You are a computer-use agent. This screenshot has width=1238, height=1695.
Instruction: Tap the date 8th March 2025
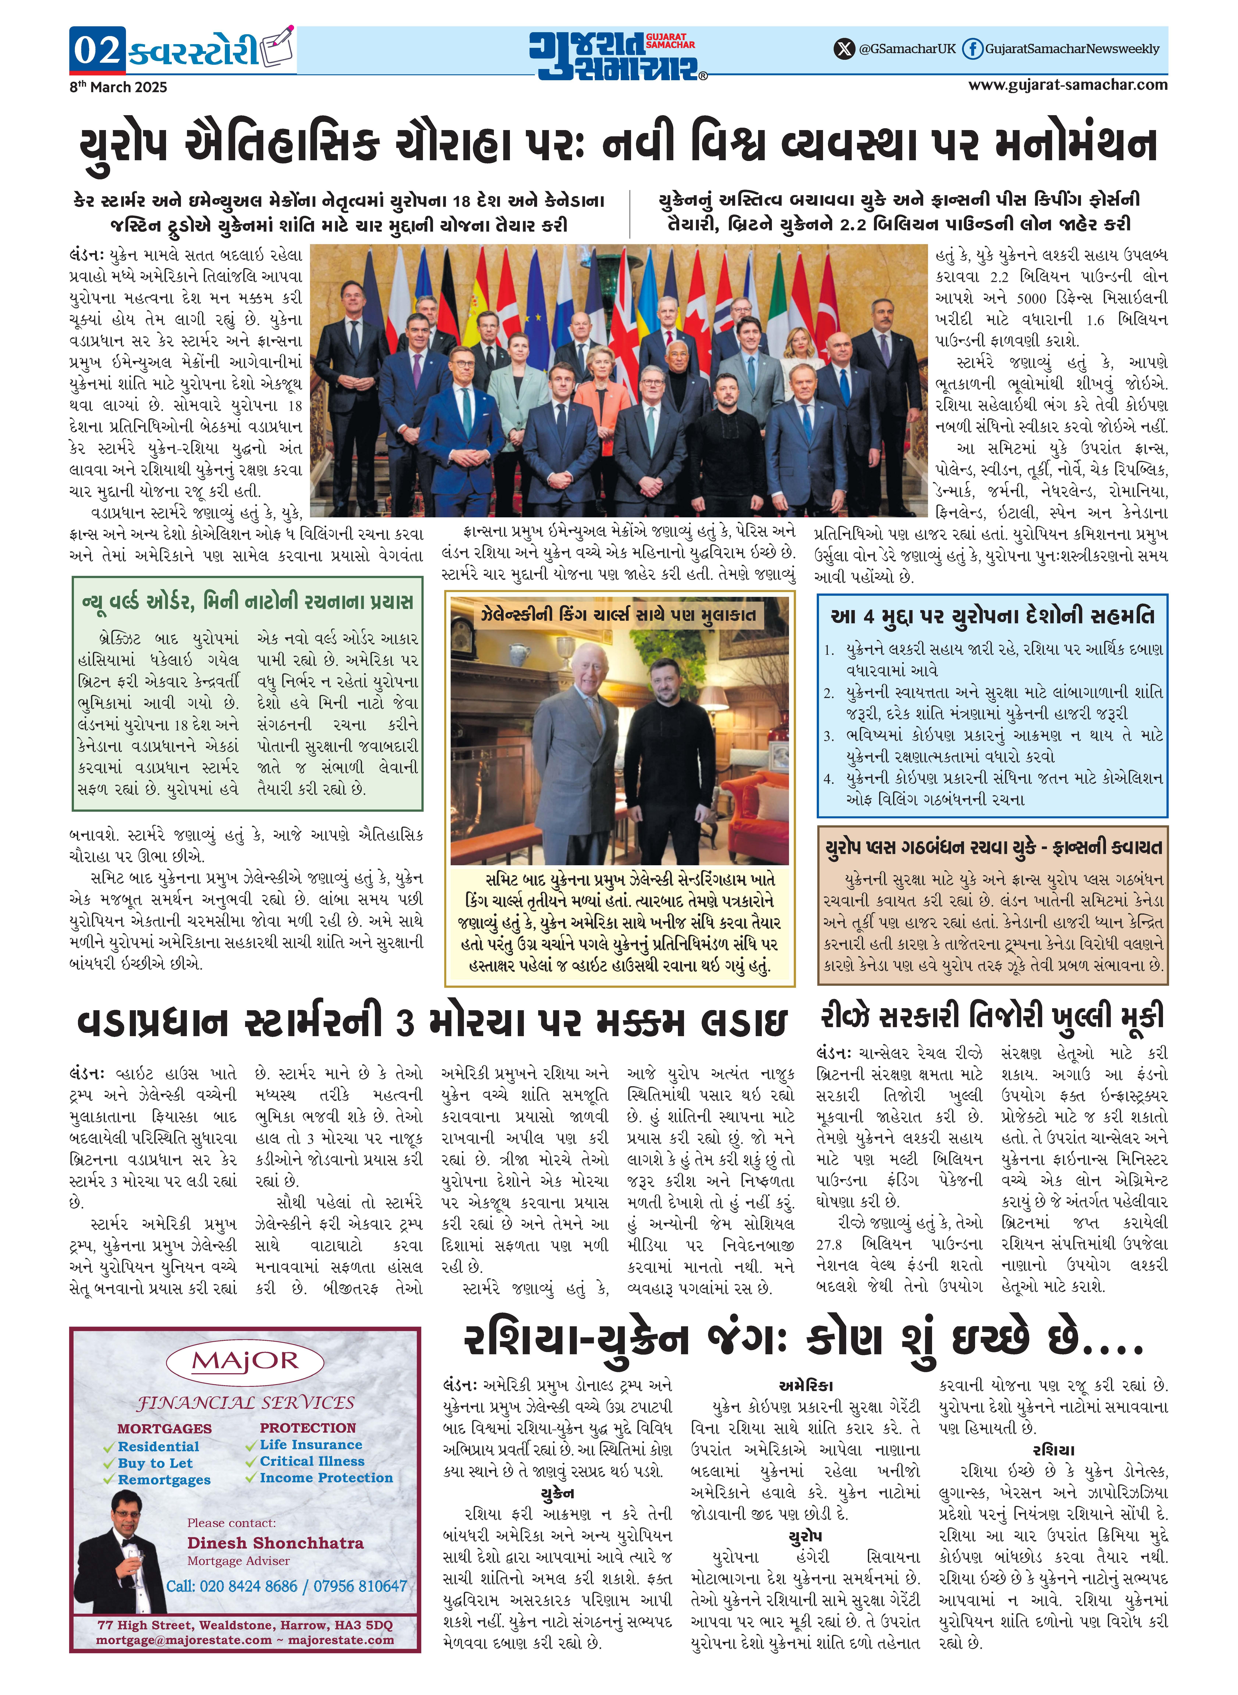118,87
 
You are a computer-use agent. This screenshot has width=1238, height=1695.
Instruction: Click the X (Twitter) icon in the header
845,49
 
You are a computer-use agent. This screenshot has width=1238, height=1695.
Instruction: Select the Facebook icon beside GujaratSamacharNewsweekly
972,49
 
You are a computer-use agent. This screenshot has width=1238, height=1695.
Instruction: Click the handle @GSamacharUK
908,49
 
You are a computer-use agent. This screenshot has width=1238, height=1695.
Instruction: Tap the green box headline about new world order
247,602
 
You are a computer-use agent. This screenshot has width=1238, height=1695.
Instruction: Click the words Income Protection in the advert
326,1478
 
